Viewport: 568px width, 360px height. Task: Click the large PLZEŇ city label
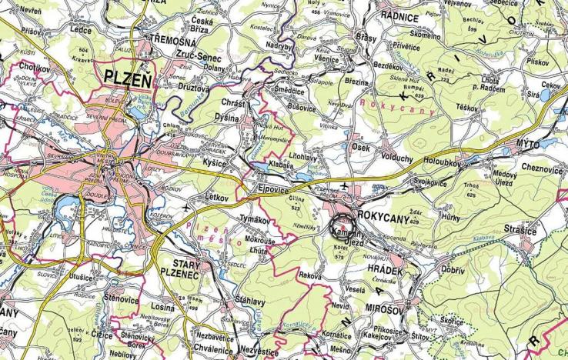pyautogui.click(x=128, y=78)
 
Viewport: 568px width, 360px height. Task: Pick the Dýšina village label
pyautogui.click(x=227, y=118)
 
